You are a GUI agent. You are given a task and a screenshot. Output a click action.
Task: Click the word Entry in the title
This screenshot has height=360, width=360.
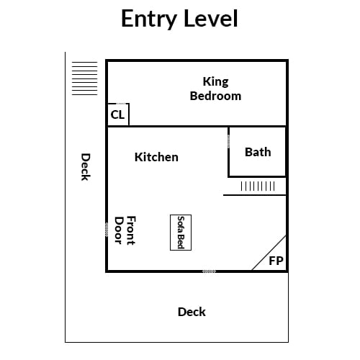point(149,19)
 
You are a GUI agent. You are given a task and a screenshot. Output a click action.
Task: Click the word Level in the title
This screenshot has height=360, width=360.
point(211,18)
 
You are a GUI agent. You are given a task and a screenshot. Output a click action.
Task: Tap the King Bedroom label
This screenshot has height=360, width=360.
point(215,89)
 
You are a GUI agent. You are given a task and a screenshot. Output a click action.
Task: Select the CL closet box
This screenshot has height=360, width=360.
point(118,114)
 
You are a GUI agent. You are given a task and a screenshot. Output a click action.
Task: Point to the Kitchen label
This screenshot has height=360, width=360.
point(156,157)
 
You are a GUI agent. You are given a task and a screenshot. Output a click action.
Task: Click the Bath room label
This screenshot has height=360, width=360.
point(258,152)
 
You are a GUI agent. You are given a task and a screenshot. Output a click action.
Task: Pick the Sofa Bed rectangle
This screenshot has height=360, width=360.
point(181,233)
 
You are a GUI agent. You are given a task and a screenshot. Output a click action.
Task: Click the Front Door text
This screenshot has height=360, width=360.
point(125,230)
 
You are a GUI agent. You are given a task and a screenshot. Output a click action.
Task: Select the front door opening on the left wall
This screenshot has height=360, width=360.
point(107,230)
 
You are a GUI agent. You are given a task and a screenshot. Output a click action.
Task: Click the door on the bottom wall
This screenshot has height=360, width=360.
point(209,271)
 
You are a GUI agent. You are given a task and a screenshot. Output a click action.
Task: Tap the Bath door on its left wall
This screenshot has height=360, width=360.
point(228,141)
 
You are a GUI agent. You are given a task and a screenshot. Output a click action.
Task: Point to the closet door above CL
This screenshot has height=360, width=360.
point(121,104)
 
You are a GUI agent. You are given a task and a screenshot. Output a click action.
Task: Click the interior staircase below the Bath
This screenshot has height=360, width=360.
point(258,186)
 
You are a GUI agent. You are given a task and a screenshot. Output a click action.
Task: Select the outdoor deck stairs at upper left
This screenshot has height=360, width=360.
point(85,78)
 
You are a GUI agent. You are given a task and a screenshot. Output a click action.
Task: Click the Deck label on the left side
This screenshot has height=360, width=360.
point(86,167)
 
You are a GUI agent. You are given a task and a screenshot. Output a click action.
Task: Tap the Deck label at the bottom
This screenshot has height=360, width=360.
point(192,312)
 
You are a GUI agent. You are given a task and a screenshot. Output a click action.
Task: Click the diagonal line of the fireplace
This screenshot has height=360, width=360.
point(269,253)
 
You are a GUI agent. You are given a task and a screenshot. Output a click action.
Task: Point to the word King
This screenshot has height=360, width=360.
point(216,82)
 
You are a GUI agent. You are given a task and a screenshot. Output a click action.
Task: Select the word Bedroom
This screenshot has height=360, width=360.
point(215,96)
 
